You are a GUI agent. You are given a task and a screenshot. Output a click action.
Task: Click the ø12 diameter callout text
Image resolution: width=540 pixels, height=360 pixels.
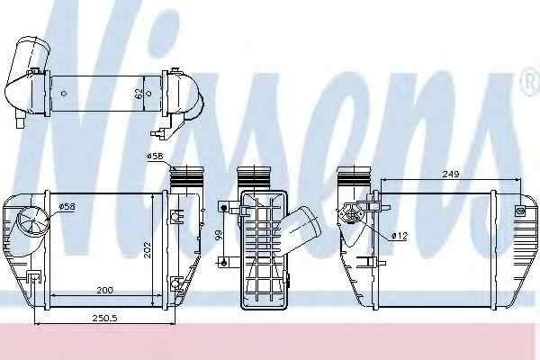click(400, 236)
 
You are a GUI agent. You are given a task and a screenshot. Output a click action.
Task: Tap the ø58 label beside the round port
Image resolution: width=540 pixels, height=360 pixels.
click(67, 208)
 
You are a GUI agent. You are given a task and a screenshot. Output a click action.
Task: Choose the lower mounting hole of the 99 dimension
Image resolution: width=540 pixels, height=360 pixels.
click(224, 262)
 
